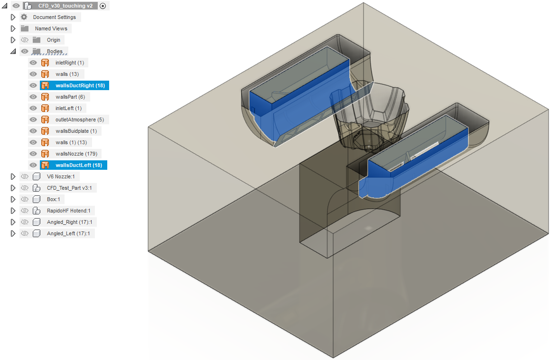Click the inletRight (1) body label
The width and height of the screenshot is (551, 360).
tap(70, 63)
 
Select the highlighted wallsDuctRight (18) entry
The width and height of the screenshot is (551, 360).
tap(80, 85)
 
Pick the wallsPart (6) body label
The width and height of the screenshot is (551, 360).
tap(70, 97)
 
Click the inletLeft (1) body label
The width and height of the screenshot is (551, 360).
tap(68, 108)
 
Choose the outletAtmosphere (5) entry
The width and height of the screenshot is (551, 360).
tap(80, 120)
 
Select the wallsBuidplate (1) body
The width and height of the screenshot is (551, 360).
tap(76, 131)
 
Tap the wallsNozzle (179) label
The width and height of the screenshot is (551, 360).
tap(76, 154)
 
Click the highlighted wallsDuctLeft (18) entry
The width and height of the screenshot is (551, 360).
tap(79, 165)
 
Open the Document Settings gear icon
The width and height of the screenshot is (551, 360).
tap(24, 17)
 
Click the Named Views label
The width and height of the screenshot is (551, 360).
tap(51, 28)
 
